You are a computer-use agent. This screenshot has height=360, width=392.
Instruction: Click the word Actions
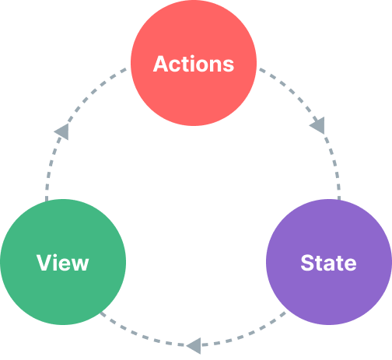coord(194,64)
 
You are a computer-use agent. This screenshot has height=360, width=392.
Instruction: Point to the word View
coord(63,262)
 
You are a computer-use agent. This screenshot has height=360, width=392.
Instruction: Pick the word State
coord(328,262)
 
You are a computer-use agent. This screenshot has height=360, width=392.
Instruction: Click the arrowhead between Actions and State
coord(317,125)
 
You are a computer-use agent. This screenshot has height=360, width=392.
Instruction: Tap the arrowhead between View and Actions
coord(61,131)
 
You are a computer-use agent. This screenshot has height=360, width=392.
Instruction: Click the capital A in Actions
coord(161,64)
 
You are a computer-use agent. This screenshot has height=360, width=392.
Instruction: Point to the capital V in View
coord(44,262)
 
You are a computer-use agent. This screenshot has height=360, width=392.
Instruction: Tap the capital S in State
coord(307,262)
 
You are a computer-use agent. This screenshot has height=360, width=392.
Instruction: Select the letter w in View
coord(79,264)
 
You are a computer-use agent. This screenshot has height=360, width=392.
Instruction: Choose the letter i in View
coord(55,262)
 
